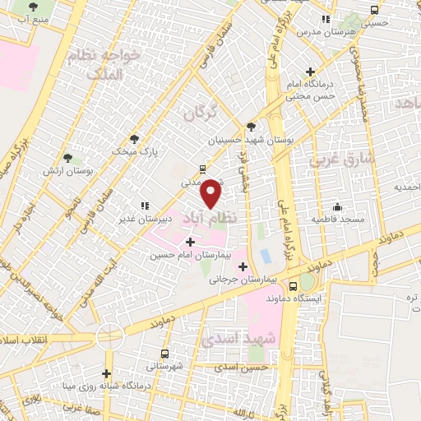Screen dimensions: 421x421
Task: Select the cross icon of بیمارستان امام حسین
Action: [x=191, y=242]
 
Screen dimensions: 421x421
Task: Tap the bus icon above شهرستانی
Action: [x=165, y=354]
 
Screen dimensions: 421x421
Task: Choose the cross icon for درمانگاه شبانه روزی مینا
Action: [x=106, y=373]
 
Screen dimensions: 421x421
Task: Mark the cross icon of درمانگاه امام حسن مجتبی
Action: [x=310, y=72]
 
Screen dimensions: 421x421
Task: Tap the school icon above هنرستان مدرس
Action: [x=326, y=18]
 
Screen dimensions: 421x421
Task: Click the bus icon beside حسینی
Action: [x=375, y=11]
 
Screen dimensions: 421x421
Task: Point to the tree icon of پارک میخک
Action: [x=134, y=138]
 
